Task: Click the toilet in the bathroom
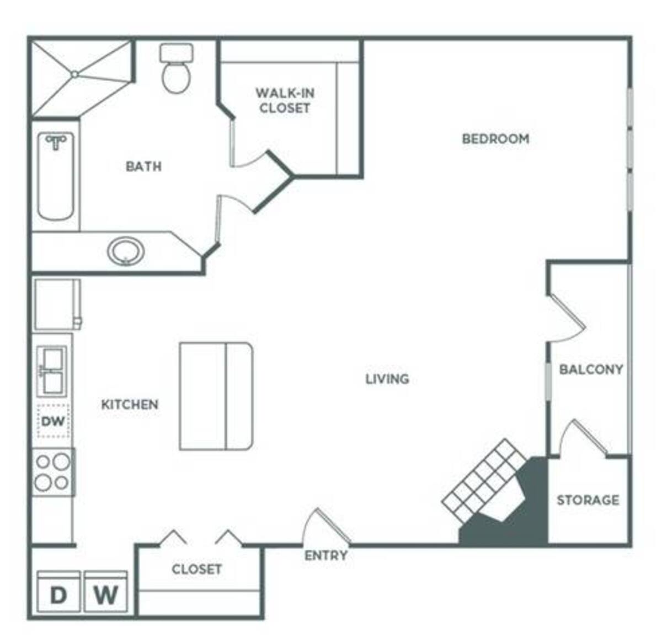point(176,68)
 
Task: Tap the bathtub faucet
point(56,143)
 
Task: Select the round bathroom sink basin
point(126,251)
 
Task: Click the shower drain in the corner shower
point(75,74)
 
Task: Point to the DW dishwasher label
point(53,422)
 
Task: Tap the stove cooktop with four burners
point(54,471)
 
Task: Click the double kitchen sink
point(52,369)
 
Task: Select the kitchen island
point(216,396)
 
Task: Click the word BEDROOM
point(495,139)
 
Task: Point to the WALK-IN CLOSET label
point(285,100)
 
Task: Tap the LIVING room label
point(387,379)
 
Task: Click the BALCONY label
point(591,369)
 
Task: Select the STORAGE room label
point(588,500)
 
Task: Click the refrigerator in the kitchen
point(57,304)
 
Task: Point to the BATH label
point(143,167)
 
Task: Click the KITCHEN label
point(130,405)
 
